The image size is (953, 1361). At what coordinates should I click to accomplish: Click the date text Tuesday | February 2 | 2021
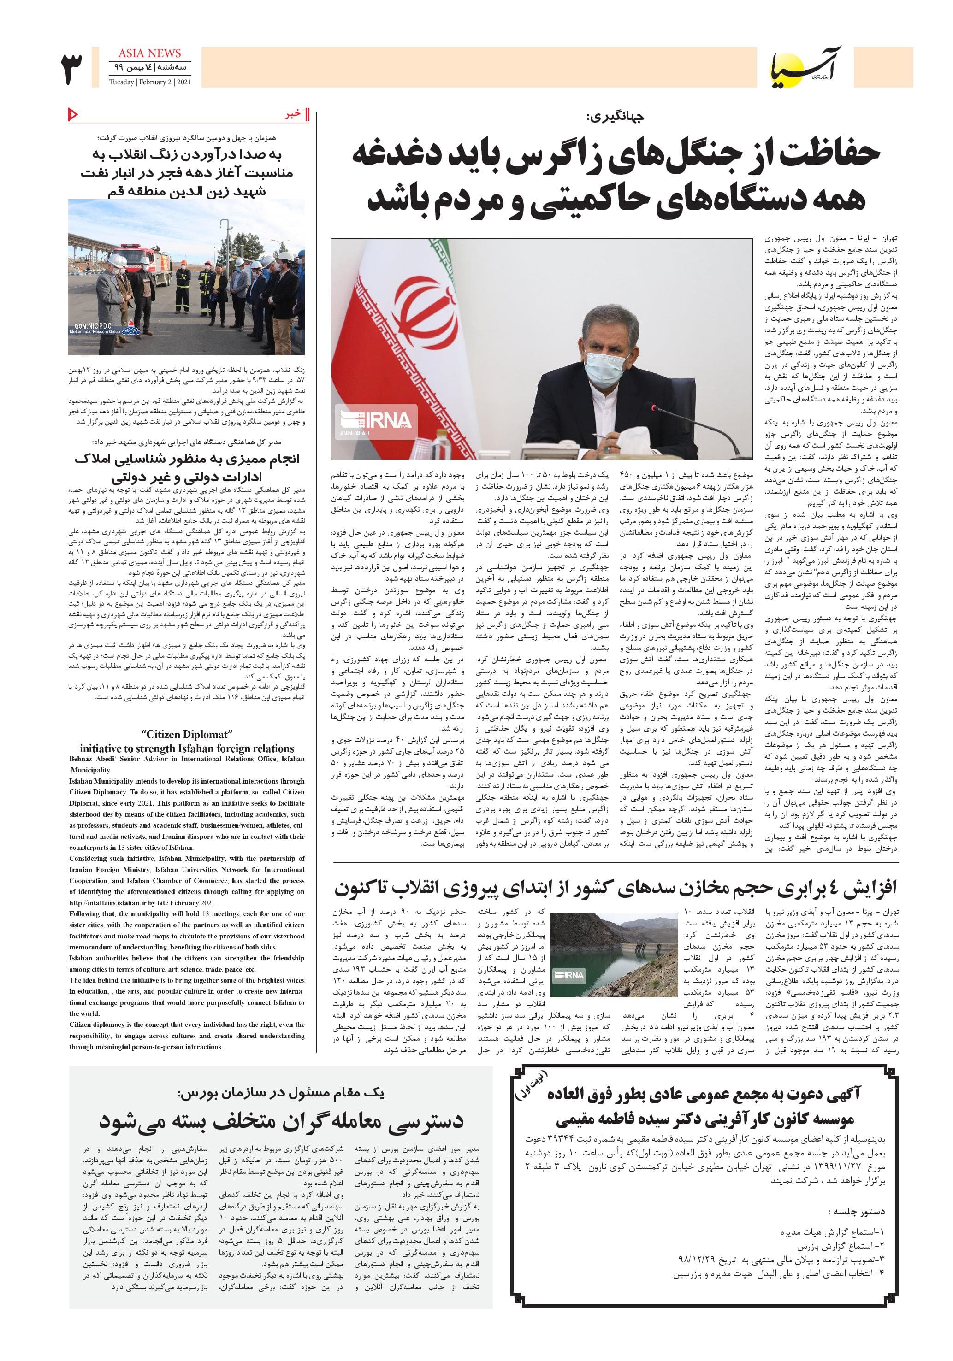(150, 82)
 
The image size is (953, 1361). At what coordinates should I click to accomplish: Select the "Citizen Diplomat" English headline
(187, 735)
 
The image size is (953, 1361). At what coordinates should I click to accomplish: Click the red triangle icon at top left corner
(73, 113)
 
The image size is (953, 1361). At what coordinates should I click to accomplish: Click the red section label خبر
(294, 114)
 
